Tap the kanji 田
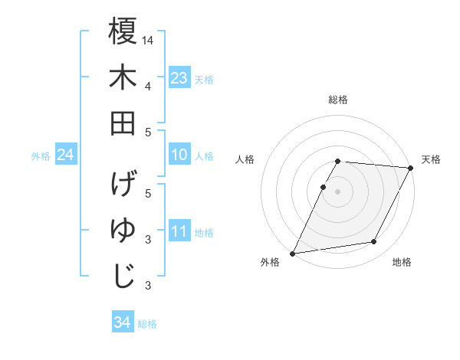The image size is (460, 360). [123, 123]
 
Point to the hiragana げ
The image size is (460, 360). [123, 185]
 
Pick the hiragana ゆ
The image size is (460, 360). [123, 231]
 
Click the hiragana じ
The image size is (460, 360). [123, 277]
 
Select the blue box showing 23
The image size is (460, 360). [179, 78]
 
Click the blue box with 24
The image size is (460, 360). [66, 155]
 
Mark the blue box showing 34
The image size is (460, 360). [122, 322]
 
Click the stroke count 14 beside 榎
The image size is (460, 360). [148, 40]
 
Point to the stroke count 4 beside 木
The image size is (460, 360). [148, 86]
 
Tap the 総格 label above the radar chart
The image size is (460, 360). [338, 100]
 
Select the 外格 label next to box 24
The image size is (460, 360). [41, 156]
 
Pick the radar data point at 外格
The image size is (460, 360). [292, 254]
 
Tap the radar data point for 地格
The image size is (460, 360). [374, 242]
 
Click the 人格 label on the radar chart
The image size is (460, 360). [245, 159]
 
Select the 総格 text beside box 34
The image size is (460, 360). [147, 324]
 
